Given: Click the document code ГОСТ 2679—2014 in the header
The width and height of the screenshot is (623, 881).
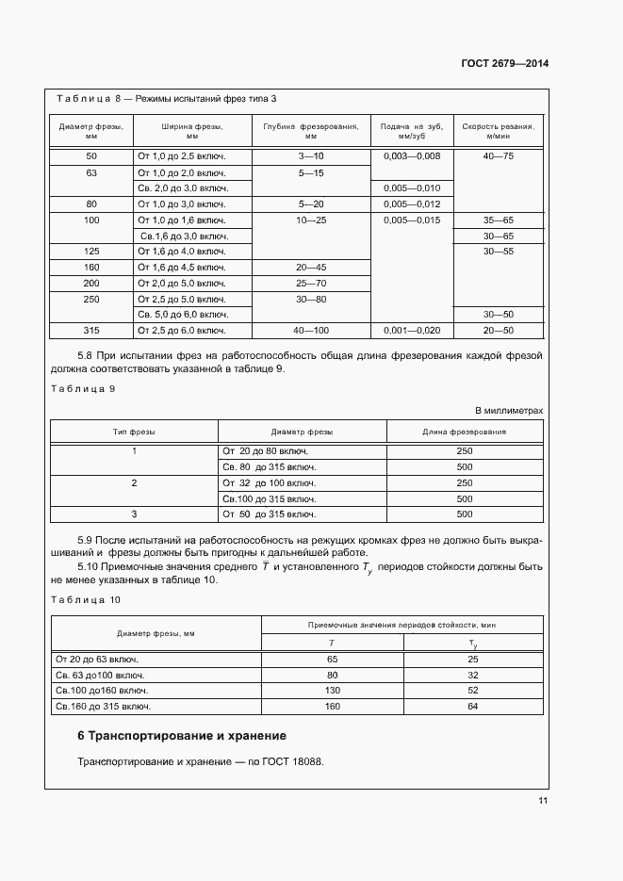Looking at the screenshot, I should coord(504,64).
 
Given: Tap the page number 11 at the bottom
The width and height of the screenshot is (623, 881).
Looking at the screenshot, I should coord(543,801).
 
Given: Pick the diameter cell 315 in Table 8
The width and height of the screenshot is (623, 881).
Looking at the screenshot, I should coord(91,331).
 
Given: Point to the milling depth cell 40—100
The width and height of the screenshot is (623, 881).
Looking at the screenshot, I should coord(310,331).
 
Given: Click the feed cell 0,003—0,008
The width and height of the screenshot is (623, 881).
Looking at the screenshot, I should coord(410,155).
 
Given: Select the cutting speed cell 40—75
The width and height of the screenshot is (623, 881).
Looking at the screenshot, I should coord(498,155).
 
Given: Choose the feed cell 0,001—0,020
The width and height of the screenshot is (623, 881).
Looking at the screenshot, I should coord(410,331).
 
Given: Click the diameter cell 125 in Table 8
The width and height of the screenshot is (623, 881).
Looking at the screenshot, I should coord(91,252).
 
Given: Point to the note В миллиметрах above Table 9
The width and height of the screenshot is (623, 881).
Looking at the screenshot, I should coord(508,411).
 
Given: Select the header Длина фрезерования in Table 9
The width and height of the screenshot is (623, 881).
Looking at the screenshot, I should coord(464,432).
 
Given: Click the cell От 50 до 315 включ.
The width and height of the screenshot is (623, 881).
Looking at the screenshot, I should coord(263,514).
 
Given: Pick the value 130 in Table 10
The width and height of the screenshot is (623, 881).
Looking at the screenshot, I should coord(332,689).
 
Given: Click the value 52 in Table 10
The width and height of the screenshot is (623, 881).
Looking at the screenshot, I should coord(473,689).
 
